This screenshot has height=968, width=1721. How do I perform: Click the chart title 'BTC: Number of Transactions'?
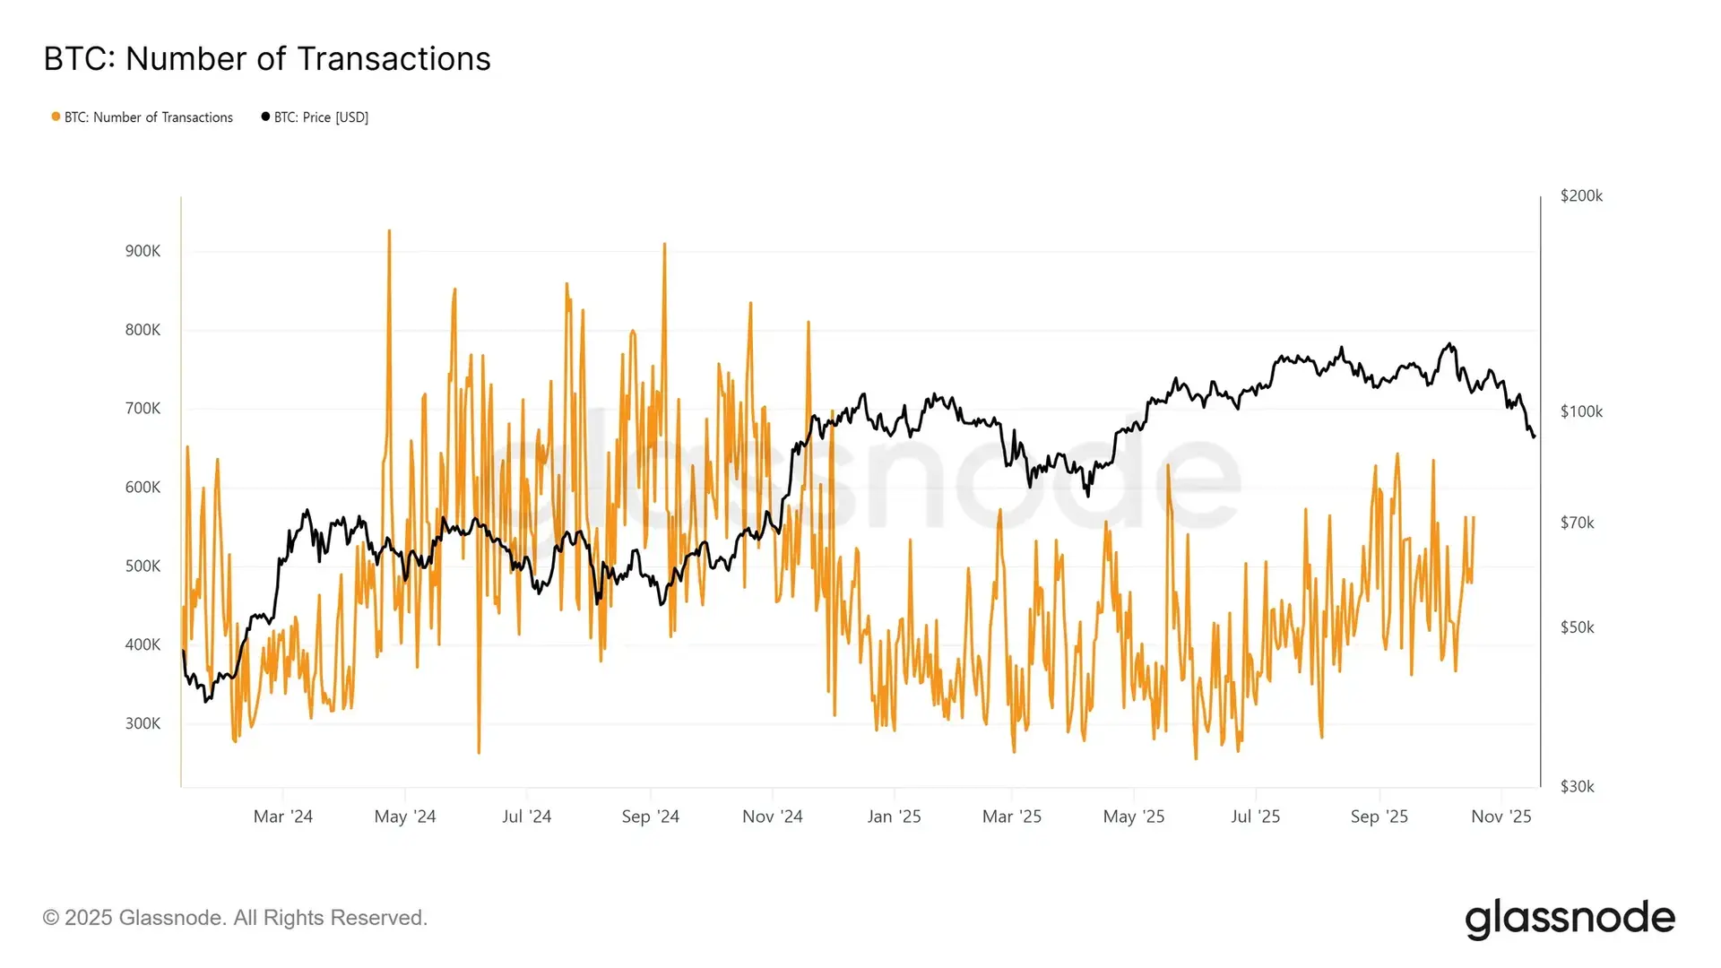coord(267,59)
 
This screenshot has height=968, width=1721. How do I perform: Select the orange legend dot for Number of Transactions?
coord(56,117)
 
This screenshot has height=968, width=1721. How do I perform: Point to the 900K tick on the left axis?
coord(143,251)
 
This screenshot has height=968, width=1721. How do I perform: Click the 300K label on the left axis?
coord(143,723)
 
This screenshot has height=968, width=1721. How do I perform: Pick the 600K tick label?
coord(143,488)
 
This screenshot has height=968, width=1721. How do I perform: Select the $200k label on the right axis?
coord(1581,195)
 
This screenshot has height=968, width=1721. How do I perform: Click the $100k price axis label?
coord(1581,411)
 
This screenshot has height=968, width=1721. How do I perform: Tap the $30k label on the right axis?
coord(1577,786)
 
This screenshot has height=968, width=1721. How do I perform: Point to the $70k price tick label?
coord(1577,523)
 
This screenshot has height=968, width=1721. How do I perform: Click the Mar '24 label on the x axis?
coord(282,817)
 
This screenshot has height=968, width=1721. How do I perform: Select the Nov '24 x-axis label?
coord(772,817)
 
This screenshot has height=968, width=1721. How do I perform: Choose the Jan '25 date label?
coord(894,817)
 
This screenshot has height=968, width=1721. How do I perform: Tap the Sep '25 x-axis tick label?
coord(1379,817)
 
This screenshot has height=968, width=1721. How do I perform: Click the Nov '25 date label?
coord(1501,817)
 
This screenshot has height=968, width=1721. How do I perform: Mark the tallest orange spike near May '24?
coord(389,231)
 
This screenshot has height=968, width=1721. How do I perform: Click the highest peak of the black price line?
coord(1449,344)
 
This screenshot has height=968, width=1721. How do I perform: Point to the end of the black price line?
coord(1535,436)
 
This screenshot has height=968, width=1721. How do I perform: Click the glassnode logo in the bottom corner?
coord(1570,919)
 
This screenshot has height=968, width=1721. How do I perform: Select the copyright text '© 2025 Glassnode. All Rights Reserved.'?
coord(235,918)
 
